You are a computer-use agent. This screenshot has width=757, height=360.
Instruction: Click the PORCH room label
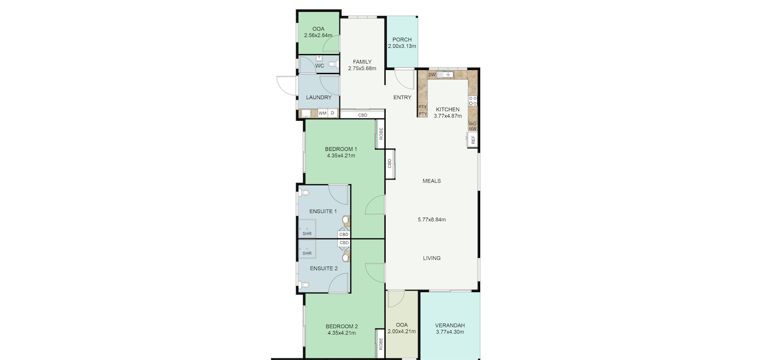(402, 40)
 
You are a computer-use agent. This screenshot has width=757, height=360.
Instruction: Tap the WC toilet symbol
(333, 64)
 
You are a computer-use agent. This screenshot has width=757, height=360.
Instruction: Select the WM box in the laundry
(322, 113)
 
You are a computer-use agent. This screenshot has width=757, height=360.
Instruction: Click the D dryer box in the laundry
(333, 113)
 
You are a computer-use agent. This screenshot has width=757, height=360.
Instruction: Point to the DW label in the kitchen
(432, 75)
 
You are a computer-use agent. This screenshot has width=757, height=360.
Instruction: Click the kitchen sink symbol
(446, 75)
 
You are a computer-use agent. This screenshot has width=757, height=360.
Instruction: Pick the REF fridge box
(473, 140)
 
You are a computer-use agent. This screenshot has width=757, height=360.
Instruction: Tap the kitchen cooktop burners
(473, 101)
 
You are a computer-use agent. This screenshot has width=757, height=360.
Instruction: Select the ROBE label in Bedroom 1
(380, 134)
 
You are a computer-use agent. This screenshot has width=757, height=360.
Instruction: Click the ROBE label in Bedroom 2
(380, 344)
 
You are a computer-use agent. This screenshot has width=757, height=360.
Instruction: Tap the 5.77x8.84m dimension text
(431, 219)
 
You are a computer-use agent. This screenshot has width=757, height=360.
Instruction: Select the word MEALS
(431, 181)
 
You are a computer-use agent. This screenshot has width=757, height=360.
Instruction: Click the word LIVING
(431, 258)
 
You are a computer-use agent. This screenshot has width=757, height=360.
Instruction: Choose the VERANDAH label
(450, 325)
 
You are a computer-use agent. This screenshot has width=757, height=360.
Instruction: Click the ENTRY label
(402, 97)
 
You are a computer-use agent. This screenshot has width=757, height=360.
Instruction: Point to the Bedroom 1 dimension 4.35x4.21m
(341, 156)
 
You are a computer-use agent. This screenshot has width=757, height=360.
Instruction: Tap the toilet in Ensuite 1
(305, 193)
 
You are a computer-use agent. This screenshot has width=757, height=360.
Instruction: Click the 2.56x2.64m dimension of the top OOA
(318, 35)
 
